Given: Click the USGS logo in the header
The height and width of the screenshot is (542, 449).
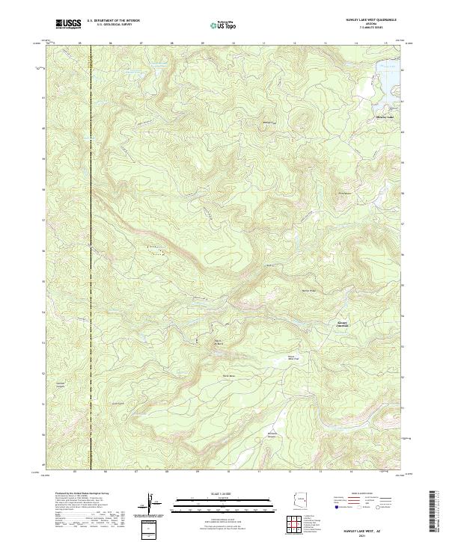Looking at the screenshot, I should (x=68, y=24).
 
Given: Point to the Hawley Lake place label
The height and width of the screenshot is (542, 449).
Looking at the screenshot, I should (x=384, y=117).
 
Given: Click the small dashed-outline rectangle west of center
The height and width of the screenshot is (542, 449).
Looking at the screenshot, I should (x=158, y=253).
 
